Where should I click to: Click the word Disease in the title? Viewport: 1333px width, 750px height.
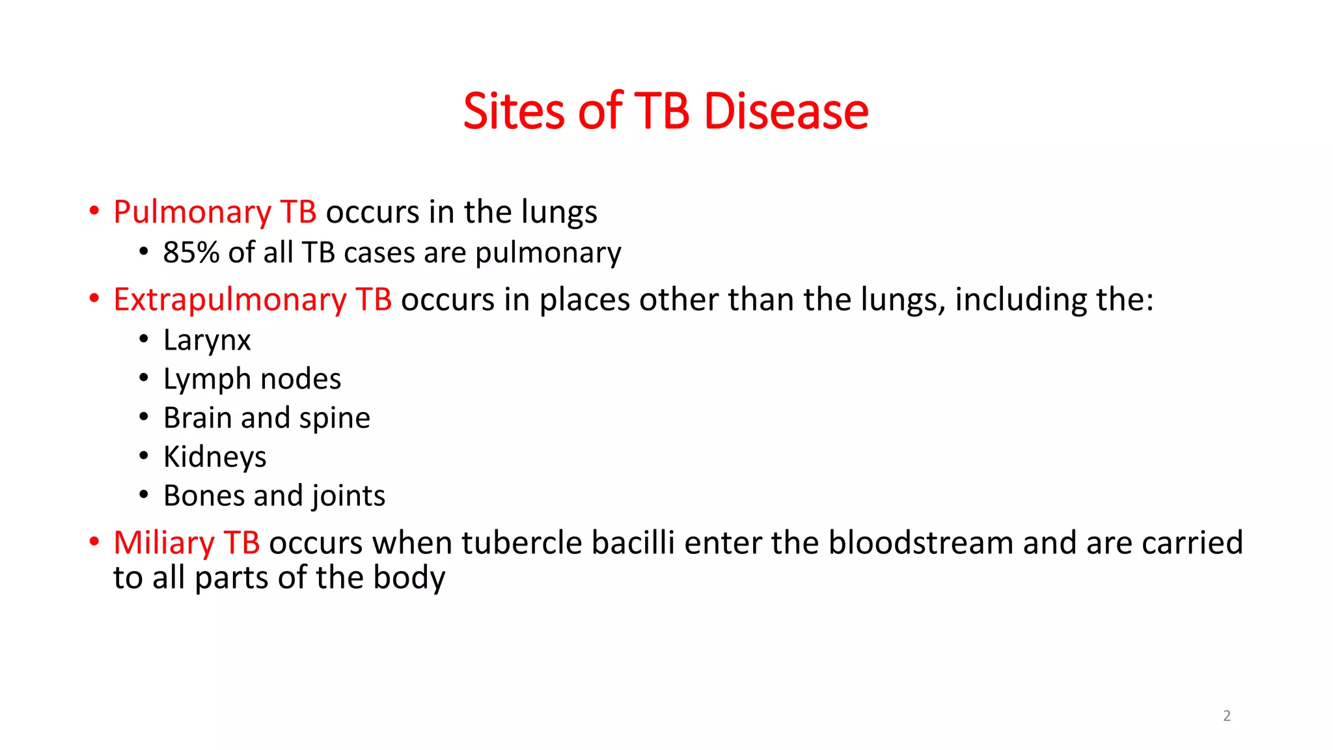tap(786, 111)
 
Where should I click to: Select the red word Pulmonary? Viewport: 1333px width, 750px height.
tap(192, 212)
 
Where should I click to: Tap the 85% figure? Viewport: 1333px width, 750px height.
tap(191, 253)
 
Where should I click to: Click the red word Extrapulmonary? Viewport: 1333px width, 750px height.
tap(229, 300)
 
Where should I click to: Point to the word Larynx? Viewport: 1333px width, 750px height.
tap(207, 340)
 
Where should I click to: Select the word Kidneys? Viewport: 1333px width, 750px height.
tap(215, 457)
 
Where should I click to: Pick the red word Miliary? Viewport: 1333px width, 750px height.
tap(164, 543)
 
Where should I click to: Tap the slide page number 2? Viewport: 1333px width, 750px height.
tap(1227, 716)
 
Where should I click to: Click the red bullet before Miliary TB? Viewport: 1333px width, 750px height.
tap(94, 542)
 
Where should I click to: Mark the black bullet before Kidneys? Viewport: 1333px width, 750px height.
tap(144, 456)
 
